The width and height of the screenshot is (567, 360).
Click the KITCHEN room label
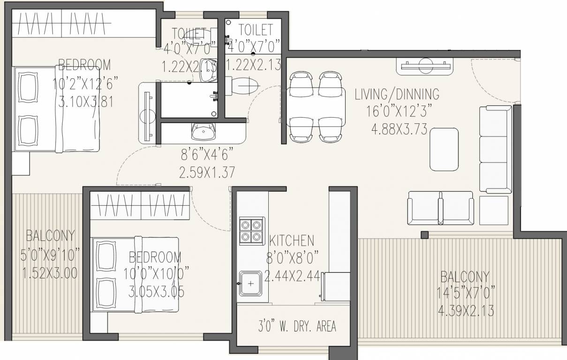[x=292, y=241]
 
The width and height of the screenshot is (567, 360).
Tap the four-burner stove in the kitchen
[x=251, y=230]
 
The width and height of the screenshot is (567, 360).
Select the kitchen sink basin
[x=250, y=284]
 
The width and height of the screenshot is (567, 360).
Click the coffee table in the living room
[x=444, y=149]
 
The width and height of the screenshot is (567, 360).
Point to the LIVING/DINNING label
[x=397, y=94]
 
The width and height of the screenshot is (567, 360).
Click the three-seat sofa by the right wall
[x=495, y=149]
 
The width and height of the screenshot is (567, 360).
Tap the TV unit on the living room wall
[x=426, y=66]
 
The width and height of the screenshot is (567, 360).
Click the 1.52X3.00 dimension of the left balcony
[x=49, y=273]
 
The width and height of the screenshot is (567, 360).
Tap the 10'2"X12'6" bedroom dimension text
[x=85, y=84]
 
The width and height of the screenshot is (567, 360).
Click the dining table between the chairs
[x=316, y=107]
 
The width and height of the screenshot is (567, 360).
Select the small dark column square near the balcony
[x=424, y=234]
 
